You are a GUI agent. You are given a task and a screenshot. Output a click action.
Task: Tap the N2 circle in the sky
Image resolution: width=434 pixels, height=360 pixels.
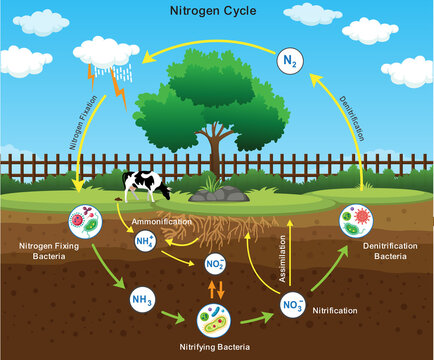[x=289, y=62]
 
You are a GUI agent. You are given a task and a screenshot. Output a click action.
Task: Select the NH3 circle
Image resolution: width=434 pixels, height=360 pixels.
[x=141, y=298]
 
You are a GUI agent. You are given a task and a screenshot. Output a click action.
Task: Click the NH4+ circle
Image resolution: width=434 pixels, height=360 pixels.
[x=146, y=241]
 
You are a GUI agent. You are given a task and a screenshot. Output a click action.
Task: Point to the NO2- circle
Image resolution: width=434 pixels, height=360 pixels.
[x=214, y=264]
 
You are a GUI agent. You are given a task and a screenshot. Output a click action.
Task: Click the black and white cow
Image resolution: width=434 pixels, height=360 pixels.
[x=145, y=184]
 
